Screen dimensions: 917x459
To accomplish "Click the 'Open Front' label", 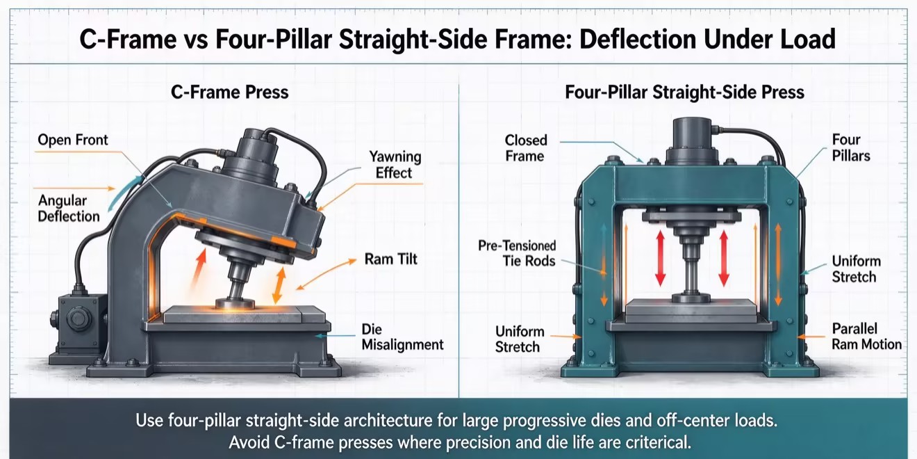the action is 73,140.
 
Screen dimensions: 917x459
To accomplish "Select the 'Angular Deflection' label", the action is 69,208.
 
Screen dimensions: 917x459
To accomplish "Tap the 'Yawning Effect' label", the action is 395,165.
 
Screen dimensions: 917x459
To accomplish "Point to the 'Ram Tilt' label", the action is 390,259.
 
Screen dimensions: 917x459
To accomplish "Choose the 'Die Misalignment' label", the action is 402,337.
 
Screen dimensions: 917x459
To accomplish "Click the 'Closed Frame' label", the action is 526,148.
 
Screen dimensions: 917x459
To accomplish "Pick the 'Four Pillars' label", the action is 851,147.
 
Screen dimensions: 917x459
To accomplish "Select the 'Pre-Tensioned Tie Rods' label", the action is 517,253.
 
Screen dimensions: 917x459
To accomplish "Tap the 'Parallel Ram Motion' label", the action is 867,337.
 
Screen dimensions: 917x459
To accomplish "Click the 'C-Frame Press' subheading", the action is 230,92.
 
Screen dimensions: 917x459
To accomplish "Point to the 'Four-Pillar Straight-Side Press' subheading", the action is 684,92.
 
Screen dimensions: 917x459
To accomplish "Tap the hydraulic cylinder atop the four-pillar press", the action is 692,141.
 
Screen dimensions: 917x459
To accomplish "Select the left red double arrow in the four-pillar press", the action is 660,258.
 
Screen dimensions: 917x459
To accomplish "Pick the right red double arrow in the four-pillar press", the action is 724,258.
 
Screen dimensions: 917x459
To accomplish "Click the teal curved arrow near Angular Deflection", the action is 124,192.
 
